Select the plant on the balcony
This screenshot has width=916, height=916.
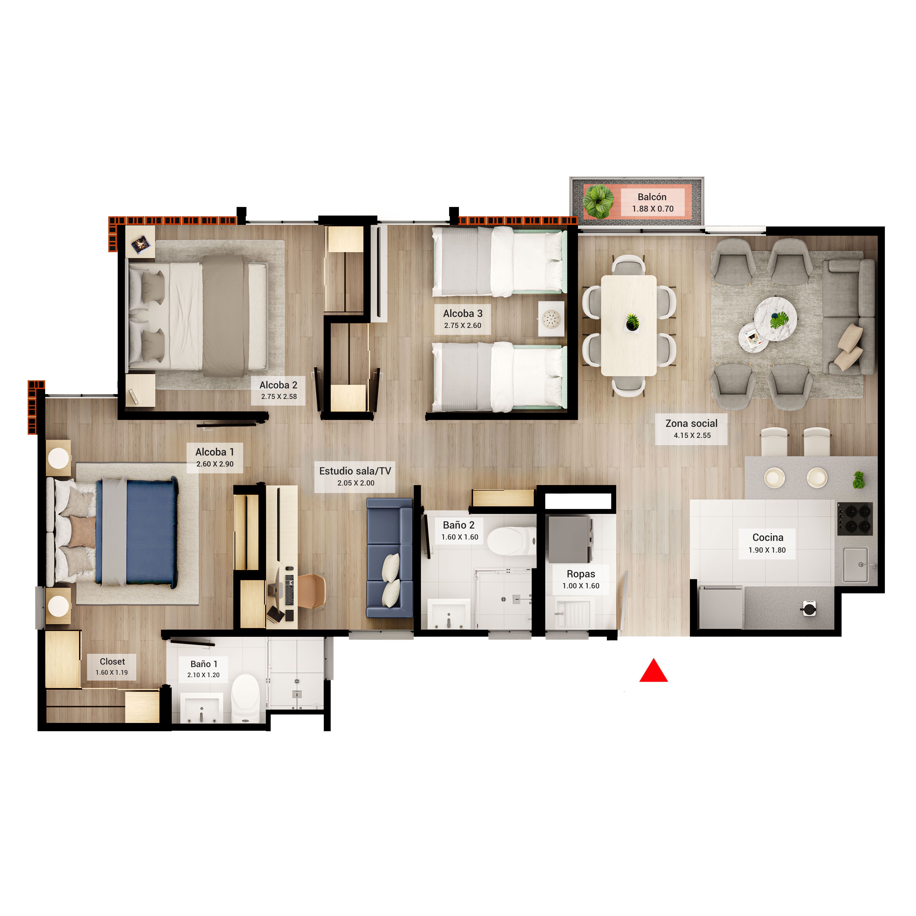(598, 202)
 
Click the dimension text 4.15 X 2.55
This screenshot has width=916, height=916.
(692, 435)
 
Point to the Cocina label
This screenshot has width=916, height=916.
(768, 537)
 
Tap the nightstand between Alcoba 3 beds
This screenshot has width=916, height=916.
(551, 319)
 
